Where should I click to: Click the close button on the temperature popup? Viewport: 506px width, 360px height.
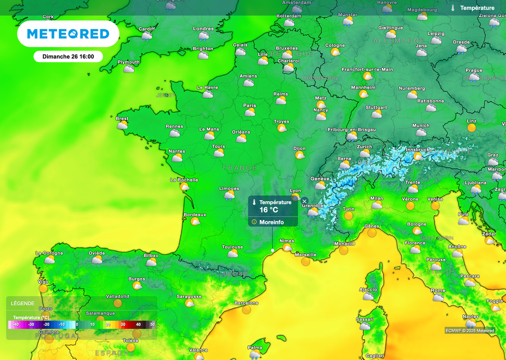click(304, 201)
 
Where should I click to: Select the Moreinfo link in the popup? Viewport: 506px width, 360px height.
click(271, 222)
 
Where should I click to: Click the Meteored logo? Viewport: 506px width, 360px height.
click(68, 34)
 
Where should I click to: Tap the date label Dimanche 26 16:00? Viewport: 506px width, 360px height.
click(68, 56)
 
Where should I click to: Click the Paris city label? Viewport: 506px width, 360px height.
click(250, 105)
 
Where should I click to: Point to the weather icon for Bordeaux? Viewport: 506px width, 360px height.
click(195, 222)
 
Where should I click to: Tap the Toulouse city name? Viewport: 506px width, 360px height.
click(232, 247)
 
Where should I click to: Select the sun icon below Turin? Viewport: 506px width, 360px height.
click(348, 216)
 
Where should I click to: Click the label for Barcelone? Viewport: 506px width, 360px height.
click(246, 303)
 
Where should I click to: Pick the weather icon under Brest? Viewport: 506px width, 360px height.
click(122, 126)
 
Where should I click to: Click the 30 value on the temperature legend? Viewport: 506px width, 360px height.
click(124, 324)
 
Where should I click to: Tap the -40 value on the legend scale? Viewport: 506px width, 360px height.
click(16, 324)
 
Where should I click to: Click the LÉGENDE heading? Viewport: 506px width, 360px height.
click(22, 303)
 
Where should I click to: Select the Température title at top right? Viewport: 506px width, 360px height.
click(477, 8)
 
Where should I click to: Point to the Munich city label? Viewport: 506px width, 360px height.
click(421, 126)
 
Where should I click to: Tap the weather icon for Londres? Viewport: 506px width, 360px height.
click(204, 36)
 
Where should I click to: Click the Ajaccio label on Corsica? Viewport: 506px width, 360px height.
click(368, 289)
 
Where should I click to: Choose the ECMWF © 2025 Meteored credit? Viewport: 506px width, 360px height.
click(469, 331)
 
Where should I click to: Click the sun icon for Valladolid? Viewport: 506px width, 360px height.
click(118, 303)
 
